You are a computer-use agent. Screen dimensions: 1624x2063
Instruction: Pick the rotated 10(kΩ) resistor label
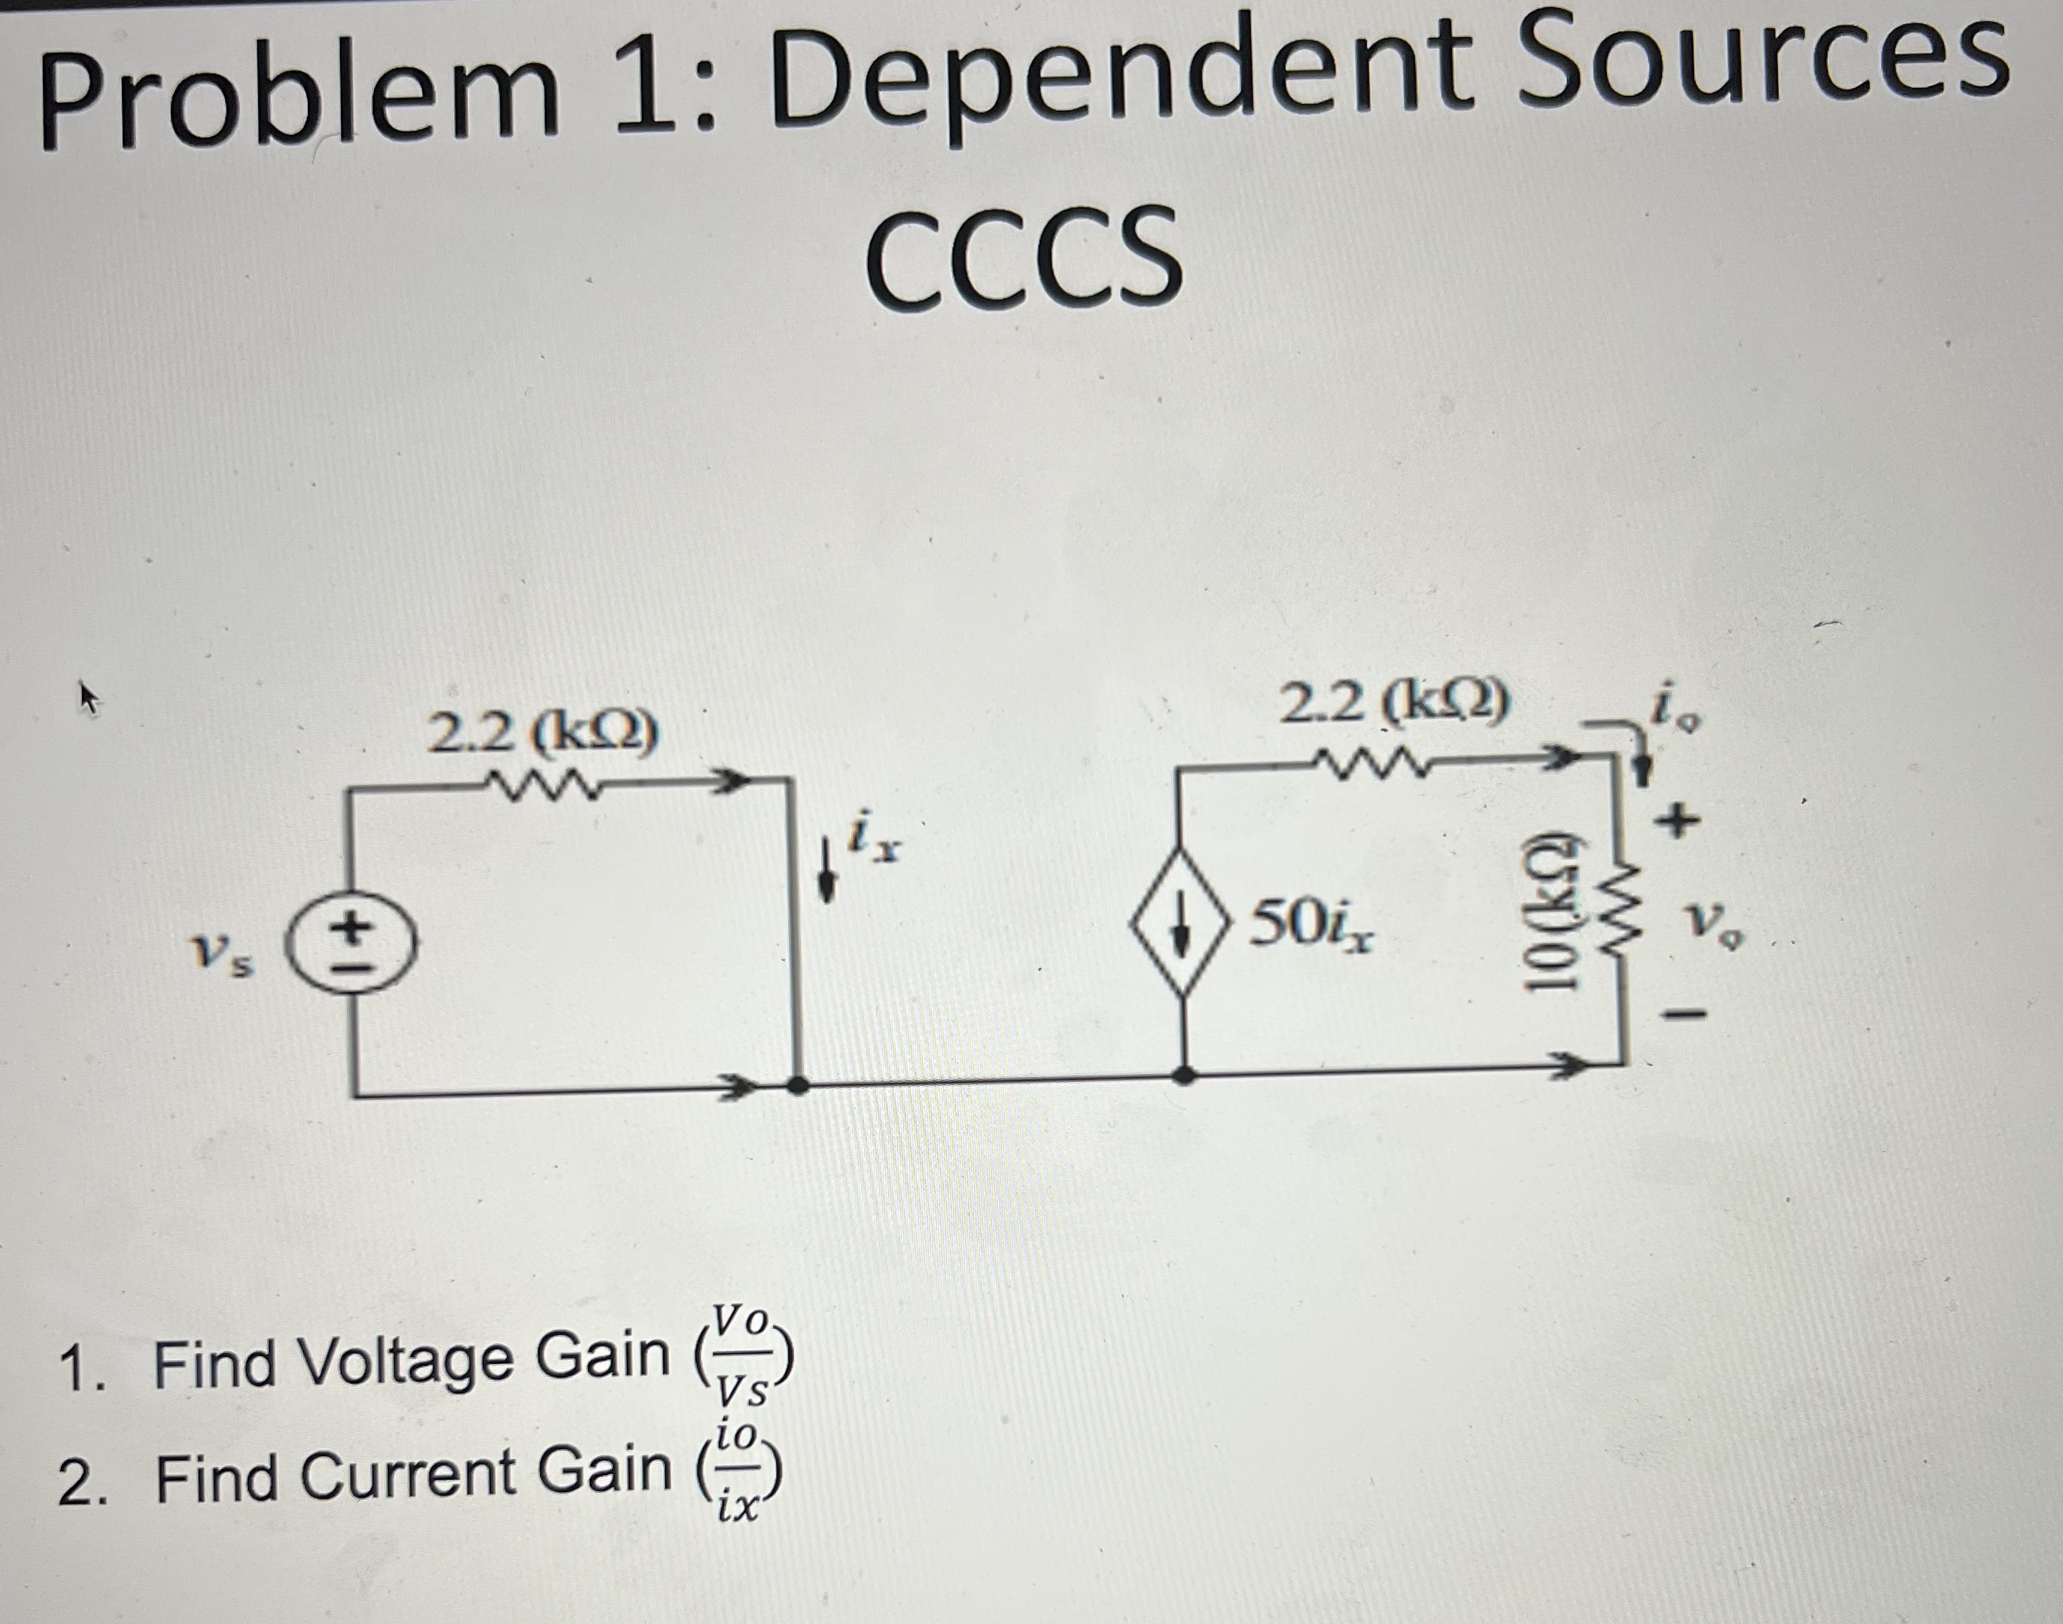pyautogui.click(x=1547, y=914)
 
